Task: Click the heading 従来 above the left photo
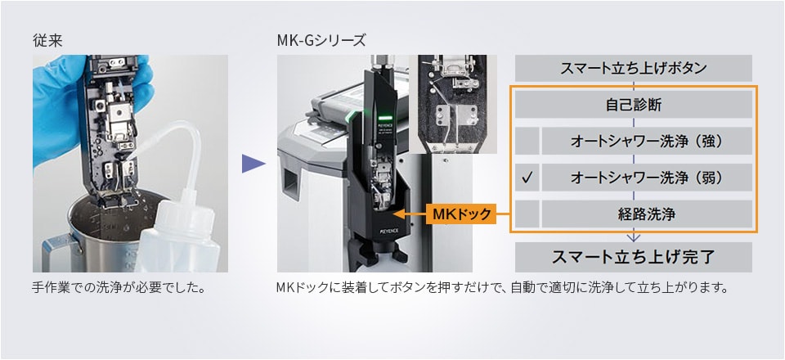(x=46, y=39)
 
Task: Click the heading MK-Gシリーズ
(x=321, y=39)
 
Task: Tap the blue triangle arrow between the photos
(x=253, y=164)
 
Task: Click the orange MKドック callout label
(x=461, y=214)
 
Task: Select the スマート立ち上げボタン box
(x=633, y=67)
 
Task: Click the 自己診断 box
(x=633, y=104)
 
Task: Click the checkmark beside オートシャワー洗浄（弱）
(x=528, y=177)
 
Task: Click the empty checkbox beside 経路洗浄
(x=528, y=214)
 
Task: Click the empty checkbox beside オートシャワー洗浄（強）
(x=528, y=141)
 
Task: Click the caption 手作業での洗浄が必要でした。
(x=118, y=288)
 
